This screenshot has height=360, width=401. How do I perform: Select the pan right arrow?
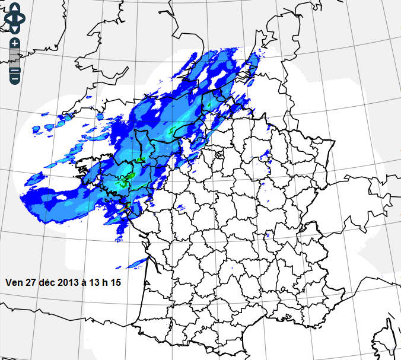(x=21, y=18)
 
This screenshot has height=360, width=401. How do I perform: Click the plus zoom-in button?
(x=15, y=43)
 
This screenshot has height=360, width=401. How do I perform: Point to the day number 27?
(x=31, y=282)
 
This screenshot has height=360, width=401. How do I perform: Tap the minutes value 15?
(x=116, y=282)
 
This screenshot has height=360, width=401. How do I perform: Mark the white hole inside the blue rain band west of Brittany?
(x=61, y=197)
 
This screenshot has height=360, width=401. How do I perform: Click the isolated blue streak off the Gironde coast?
(x=138, y=262)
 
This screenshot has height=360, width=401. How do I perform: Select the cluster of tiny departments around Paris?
(x=219, y=155)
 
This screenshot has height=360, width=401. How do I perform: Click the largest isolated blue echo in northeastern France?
(x=265, y=159)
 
